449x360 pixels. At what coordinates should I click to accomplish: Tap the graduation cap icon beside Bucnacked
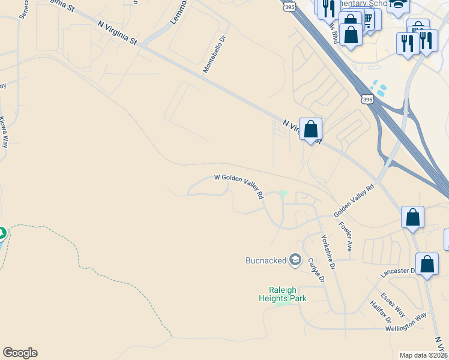tap(295, 260)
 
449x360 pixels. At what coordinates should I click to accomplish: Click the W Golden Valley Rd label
tap(240, 186)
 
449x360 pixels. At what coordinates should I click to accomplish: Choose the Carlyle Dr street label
tap(316, 271)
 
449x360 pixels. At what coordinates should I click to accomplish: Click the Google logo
tap(20, 353)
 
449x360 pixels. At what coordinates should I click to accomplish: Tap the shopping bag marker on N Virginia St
tap(310, 129)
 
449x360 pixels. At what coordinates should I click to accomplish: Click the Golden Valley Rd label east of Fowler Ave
tap(354, 201)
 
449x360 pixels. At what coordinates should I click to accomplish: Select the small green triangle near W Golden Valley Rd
tap(284, 193)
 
